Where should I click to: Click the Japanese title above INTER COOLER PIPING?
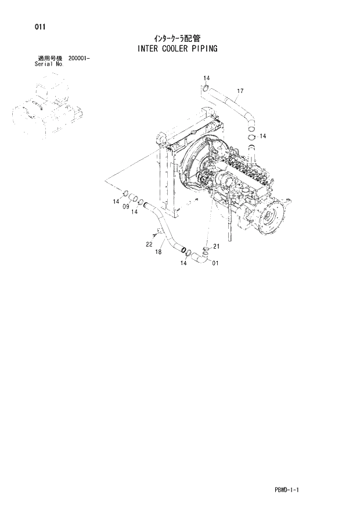point(178,38)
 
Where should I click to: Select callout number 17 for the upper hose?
point(240,91)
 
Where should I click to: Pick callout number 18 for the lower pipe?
point(157,252)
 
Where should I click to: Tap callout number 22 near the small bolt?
point(149,244)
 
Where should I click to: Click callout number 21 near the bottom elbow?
point(217,247)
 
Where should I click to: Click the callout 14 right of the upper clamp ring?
point(262,136)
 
